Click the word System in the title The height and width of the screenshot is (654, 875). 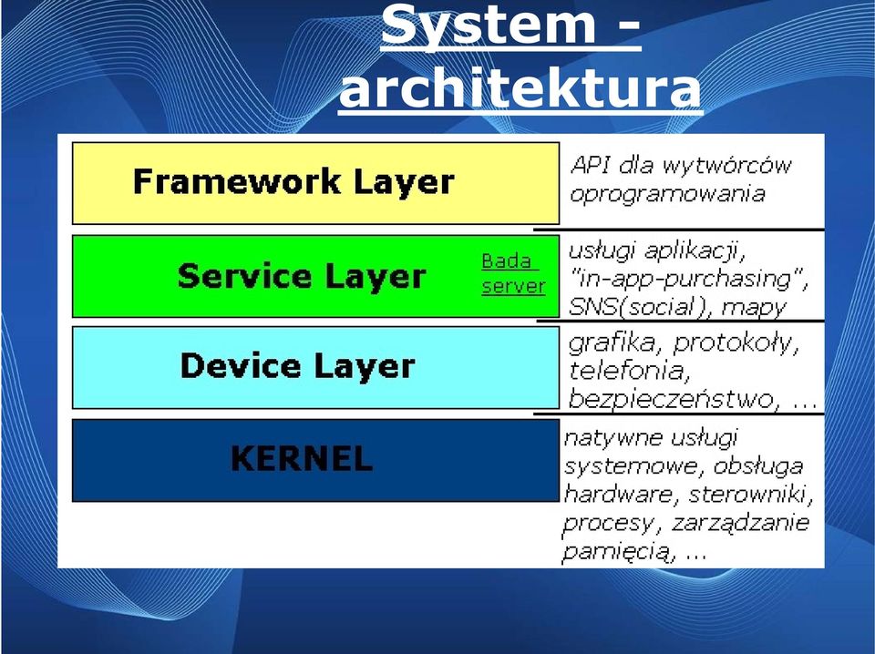(489, 25)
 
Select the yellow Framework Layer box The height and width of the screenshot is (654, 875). (316, 183)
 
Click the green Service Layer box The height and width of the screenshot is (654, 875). (316, 276)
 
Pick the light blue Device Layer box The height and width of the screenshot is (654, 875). (316, 367)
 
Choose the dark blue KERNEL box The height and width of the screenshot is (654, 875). (316, 460)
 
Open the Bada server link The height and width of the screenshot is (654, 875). (513, 273)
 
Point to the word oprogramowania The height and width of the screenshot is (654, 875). (667, 195)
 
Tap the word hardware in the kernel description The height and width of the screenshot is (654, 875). (619, 494)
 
